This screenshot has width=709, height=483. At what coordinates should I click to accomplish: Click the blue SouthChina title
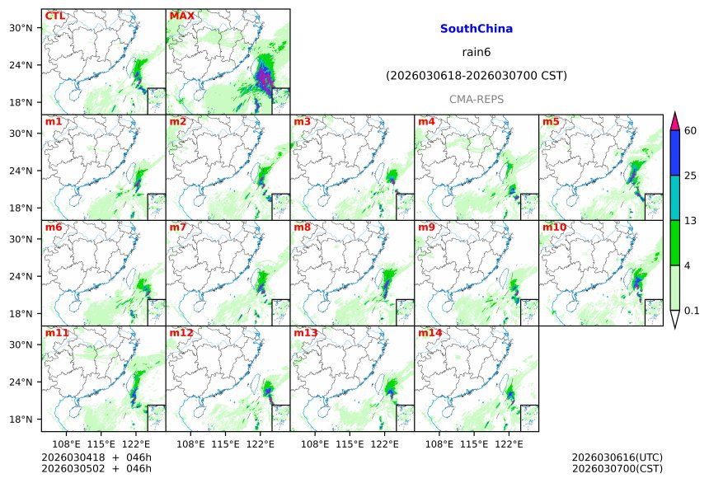click(477, 29)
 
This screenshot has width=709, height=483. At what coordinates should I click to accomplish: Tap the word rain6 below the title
click(477, 53)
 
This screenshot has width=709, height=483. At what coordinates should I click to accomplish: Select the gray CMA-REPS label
click(477, 100)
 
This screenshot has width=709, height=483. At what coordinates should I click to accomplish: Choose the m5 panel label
click(551, 122)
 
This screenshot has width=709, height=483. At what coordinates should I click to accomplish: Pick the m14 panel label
click(430, 333)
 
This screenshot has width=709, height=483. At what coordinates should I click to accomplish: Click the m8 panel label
click(303, 227)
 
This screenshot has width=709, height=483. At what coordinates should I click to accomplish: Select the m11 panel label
click(57, 333)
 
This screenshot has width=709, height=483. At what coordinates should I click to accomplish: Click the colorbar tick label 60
click(691, 131)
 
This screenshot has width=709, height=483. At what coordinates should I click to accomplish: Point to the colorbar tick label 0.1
click(692, 311)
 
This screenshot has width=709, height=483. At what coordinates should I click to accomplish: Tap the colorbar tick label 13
click(691, 221)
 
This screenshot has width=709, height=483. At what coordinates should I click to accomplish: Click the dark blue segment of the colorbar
click(674, 152)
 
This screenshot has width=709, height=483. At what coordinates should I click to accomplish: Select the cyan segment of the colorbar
click(674, 197)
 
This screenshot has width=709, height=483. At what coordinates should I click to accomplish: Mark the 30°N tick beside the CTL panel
click(21, 28)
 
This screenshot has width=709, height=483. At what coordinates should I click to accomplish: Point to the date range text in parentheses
click(477, 77)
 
